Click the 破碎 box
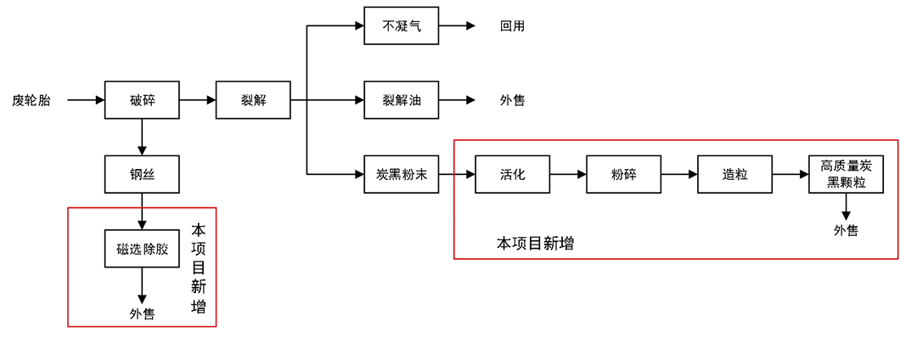142,99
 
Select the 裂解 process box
253,99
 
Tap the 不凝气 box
402,25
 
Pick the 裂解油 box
402,99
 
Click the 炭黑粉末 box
402,174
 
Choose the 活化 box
512,174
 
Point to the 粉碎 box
623,174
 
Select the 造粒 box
734,174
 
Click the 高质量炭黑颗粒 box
846,174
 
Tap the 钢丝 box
142,174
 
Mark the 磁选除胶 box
142,249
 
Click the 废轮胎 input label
31,100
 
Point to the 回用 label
512,26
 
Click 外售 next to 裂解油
512,100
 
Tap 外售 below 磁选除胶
142,314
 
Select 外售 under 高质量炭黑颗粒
846,230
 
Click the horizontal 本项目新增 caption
535,244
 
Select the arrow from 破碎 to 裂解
198,99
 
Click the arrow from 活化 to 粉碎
568,174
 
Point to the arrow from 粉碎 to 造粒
679,174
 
